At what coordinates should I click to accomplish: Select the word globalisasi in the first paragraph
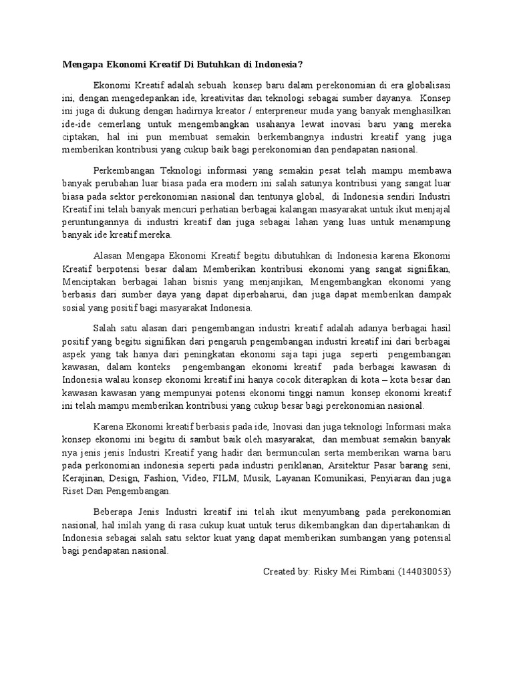point(422,85)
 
